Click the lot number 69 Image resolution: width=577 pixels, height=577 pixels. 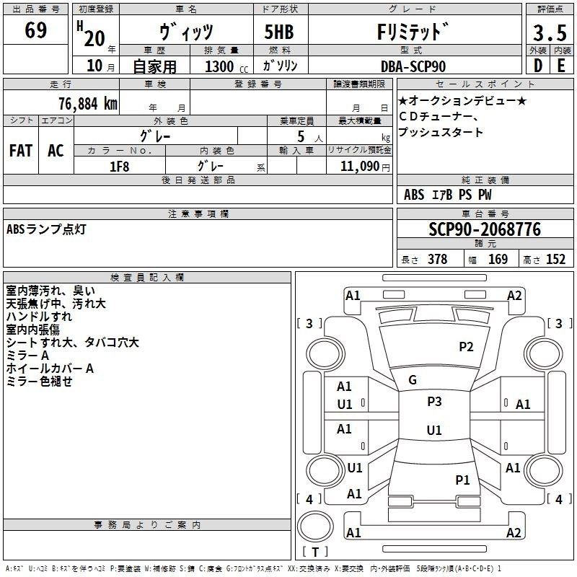click(36, 32)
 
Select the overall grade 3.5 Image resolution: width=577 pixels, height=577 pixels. click(549, 32)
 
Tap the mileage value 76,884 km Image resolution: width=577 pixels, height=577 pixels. click(88, 103)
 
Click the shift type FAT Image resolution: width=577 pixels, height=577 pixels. click(21, 151)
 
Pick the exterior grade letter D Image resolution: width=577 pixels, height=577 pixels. click(537, 66)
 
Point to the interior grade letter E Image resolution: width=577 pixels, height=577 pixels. click(561, 66)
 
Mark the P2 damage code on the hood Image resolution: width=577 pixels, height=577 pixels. click(466, 346)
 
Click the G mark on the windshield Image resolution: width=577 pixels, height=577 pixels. click(413, 380)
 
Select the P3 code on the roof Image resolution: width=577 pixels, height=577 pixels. click(434, 402)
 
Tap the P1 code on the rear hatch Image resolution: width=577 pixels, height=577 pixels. click(462, 480)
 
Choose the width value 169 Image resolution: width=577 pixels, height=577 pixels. click(498, 260)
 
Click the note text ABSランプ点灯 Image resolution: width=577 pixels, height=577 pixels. click(46, 229)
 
